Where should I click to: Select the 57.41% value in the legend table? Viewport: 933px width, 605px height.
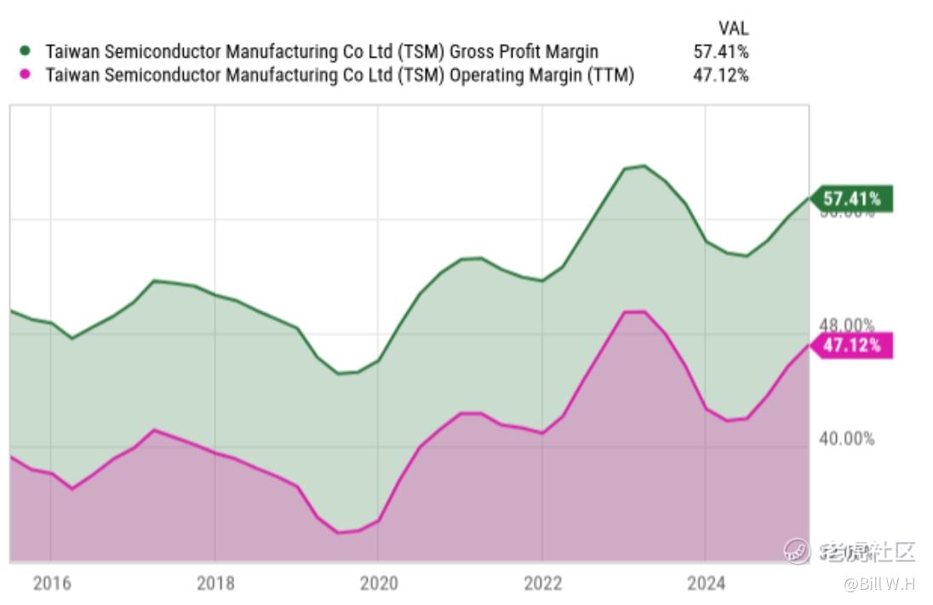tap(720, 52)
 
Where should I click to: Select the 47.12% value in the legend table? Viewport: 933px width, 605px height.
tap(720, 75)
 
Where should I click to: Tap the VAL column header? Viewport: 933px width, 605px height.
tap(733, 29)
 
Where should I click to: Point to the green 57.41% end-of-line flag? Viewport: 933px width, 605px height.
tap(851, 199)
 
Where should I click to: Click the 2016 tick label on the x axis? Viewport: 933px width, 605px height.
tap(50, 583)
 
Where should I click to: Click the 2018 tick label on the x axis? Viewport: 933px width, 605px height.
tap(215, 583)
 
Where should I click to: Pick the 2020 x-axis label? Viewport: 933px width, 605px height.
tap(379, 583)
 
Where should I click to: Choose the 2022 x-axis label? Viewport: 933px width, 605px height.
tap(542, 583)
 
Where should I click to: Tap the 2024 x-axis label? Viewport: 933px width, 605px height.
tap(706, 583)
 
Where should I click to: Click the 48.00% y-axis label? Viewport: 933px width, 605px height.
tap(846, 325)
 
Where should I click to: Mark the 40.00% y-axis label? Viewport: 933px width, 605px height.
tap(846, 438)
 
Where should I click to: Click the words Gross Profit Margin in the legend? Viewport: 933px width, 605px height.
tap(524, 52)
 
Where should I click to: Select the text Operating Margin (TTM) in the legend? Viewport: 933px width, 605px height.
tap(541, 75)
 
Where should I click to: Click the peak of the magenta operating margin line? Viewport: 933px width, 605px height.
tap(635, 311)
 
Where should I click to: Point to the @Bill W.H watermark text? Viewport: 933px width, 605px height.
tap(879, 585)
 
